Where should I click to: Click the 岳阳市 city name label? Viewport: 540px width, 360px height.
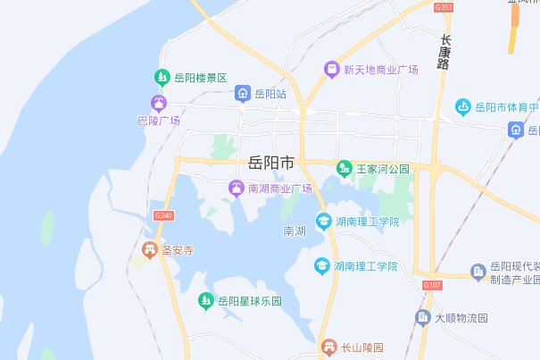point(270,163)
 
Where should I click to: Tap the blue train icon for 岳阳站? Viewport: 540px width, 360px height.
point(242,93)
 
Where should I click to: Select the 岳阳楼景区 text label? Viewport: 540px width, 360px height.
point(202,77)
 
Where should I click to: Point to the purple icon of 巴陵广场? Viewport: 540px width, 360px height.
point(159,104)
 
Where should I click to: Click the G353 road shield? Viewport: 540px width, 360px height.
point(444,7)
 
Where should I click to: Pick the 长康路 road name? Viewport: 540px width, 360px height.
point(444,53)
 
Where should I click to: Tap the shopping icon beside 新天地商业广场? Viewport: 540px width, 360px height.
point(331,69)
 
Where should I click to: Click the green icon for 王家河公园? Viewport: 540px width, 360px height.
point(344,168)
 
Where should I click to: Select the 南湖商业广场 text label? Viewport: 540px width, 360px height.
point(279,188)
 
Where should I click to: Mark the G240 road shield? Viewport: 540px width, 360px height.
point(163,215)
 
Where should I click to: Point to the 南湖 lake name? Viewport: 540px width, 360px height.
point(295,231)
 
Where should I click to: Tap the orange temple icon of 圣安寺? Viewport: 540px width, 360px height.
point(150,249)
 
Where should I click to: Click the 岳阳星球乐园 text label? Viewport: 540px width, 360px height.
point(250,301)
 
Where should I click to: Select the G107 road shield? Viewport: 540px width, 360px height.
point(432,285)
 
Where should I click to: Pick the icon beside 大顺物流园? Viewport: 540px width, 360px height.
point(423,317)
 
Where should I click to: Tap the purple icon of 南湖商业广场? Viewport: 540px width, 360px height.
point(236,188)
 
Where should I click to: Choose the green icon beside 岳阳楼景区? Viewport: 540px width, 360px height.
point(162,77)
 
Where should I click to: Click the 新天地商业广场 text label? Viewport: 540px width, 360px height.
point(382,69)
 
